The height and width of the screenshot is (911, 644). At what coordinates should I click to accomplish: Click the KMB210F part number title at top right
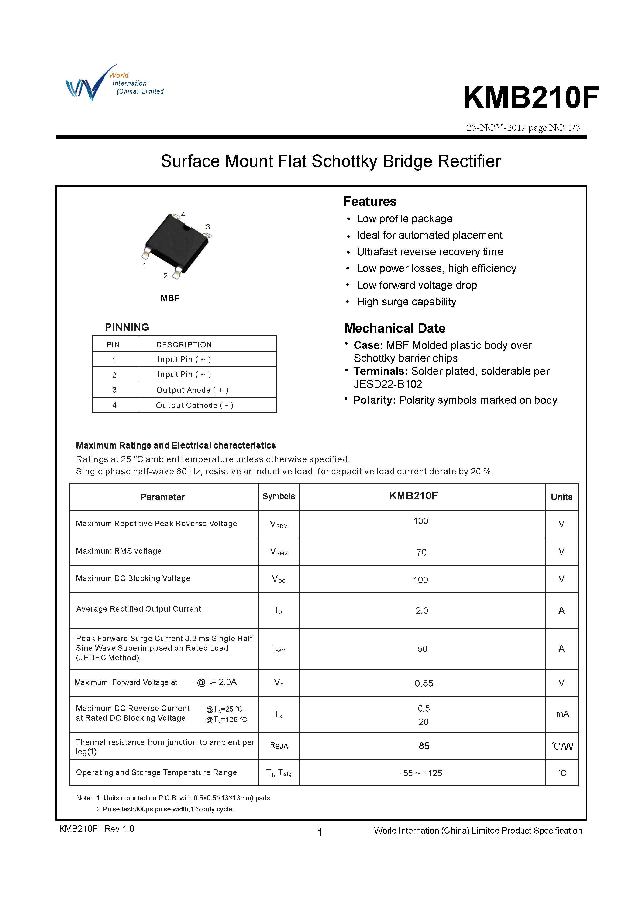530,97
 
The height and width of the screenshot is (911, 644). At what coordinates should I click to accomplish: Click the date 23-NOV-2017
496,128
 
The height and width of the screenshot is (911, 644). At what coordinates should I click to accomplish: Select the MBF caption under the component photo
170,298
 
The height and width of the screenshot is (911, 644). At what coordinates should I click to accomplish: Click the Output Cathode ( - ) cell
194,405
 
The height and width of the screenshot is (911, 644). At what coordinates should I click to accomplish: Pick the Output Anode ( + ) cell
192,390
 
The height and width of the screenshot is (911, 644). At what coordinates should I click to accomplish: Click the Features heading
370,202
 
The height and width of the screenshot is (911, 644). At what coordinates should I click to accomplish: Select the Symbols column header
279,496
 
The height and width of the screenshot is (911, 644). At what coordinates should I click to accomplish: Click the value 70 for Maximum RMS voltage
422,552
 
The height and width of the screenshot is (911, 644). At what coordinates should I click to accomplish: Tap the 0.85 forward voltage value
424,683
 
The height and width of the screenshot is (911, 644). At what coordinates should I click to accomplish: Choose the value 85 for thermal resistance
424,746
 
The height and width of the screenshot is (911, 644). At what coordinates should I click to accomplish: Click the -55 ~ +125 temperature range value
421,773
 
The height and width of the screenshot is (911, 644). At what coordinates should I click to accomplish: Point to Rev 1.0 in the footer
119,828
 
